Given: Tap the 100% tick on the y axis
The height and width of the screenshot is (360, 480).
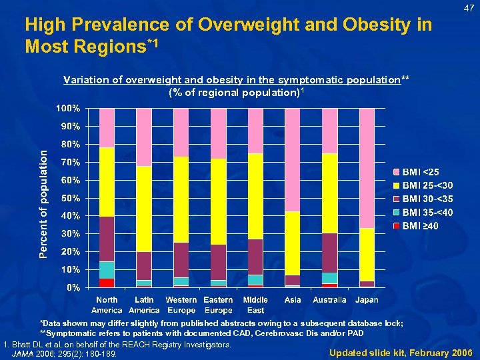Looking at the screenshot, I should point(67,108).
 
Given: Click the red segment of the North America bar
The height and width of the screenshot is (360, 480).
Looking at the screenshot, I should point(107,283).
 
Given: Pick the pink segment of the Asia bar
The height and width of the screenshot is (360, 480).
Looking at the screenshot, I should point(293,159).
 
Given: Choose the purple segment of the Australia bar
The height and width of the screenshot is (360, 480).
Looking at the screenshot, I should point(329,253).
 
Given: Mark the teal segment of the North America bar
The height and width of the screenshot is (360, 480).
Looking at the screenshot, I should point(107,270).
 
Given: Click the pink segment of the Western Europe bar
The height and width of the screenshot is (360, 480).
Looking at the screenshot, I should point(181,132).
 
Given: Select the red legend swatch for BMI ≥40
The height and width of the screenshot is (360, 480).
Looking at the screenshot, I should point(397,226).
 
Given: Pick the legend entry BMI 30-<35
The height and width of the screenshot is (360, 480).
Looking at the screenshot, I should point(427,199).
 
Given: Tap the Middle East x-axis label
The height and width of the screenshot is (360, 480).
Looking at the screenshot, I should point(255,305).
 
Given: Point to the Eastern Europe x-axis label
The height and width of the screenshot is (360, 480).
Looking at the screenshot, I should point(218,305).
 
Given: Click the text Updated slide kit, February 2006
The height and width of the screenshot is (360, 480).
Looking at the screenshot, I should point(401,352).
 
